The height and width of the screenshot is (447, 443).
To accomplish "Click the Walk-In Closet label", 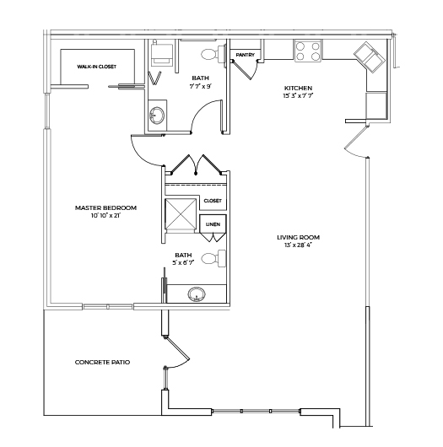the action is coord(97,67).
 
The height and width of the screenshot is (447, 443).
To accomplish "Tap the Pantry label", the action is coord(246,55).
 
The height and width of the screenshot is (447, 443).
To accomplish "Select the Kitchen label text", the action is coord(298,88).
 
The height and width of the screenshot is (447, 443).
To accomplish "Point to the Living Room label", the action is coord(299,237).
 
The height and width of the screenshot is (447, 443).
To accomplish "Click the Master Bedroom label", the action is coord(105,207).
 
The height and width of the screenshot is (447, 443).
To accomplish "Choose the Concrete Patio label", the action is coord(102,363).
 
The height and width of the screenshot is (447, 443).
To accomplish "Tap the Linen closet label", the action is coord(213,224).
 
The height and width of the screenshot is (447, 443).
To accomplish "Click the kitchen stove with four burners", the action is coord(308,51).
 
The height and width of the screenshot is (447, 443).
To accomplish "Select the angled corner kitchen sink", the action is coord(369,57).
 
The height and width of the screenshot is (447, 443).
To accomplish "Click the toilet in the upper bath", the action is coord(213,54).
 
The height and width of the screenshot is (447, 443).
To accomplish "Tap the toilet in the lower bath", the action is coord(213,259).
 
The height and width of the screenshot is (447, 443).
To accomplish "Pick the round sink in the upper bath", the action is coord(157,116).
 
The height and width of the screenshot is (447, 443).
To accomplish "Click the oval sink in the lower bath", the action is coord(197,294).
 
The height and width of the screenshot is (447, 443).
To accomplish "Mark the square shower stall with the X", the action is coord(181,214).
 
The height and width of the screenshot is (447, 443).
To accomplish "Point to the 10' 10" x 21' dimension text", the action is coord(105,216).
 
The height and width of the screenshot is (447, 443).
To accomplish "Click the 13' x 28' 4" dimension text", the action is coord(299,245).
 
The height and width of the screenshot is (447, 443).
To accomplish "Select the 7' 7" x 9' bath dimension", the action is coord(200,86).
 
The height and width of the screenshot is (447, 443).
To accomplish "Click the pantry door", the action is coord(241,69).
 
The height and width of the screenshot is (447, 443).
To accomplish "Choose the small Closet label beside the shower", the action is coord(213,201).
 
